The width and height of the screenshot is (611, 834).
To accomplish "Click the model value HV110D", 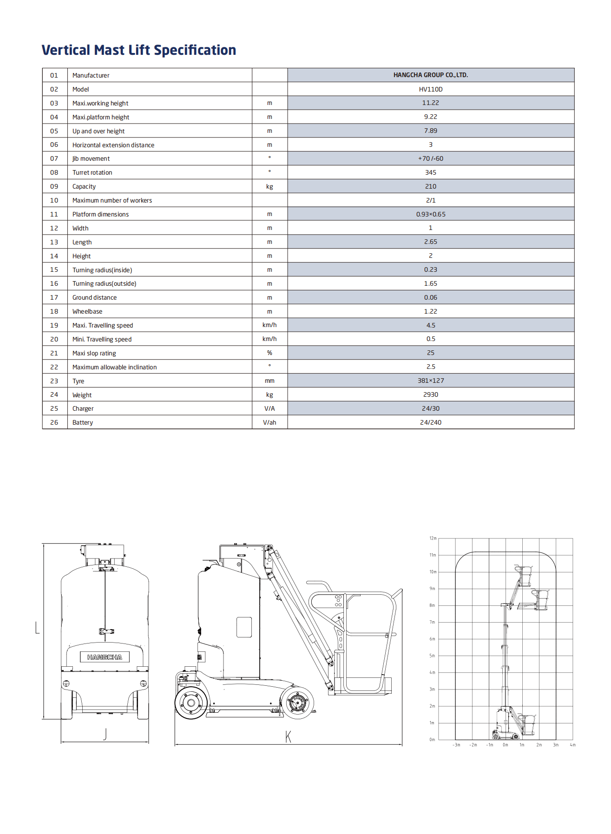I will point(430,89).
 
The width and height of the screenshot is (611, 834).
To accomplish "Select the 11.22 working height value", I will point(430,103).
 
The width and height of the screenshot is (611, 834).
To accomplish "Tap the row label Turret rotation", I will point(92,172).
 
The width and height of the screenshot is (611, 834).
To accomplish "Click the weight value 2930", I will point(430,394).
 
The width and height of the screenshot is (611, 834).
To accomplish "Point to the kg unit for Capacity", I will point(269,186).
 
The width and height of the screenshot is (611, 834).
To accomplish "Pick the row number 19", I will point(54,325).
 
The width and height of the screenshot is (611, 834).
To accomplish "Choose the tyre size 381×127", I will point(430,381).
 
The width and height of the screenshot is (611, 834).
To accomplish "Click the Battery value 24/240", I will point(430,422).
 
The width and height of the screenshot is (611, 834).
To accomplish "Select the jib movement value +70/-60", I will point(430,158).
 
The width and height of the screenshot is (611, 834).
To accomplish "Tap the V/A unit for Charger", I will point(269,408).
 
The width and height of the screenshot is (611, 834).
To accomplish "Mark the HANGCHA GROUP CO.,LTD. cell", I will point(430,75).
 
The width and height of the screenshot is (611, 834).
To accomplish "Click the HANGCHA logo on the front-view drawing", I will point(105,657).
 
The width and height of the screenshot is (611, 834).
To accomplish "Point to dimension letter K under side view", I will point(288,736).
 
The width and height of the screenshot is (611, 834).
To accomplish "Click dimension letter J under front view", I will point(105,734).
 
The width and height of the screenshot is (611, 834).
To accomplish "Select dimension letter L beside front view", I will point(38,628).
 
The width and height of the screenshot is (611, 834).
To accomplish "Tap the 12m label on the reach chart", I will point(433,538).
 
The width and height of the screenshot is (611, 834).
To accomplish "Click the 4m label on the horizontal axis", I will point(572,745).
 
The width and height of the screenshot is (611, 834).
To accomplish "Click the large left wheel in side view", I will point(191,703).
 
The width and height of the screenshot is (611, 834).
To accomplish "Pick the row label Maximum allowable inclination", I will point(114,367).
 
